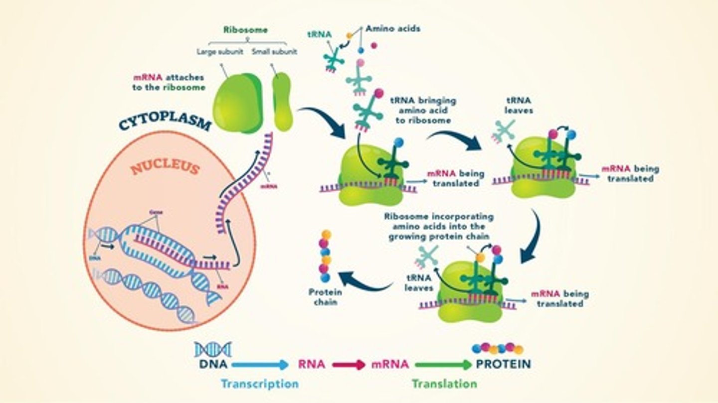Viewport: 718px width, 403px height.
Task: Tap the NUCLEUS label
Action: coord(165,168)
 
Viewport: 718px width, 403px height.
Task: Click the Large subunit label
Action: coord(220,51)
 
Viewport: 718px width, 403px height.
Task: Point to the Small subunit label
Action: coord(274,51)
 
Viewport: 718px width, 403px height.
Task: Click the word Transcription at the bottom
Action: coord(260,384)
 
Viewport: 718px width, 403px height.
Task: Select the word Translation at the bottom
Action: coord(444,384)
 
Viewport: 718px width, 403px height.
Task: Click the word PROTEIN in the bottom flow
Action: coord(503,364)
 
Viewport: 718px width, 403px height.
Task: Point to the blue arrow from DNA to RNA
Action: coord(260,365)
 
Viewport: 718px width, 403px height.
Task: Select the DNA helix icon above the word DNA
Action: coord(213,349)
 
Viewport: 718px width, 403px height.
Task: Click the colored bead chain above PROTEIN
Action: coord(497,348)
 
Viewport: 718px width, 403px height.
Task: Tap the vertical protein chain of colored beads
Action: coord(325,257)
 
